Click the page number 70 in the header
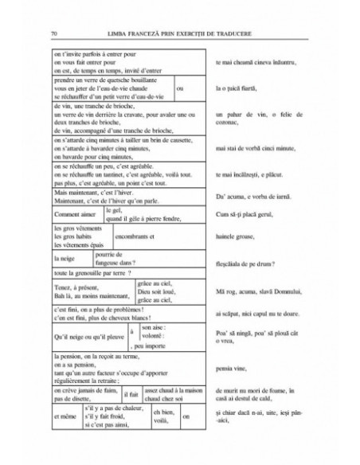tap(53, 34)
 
